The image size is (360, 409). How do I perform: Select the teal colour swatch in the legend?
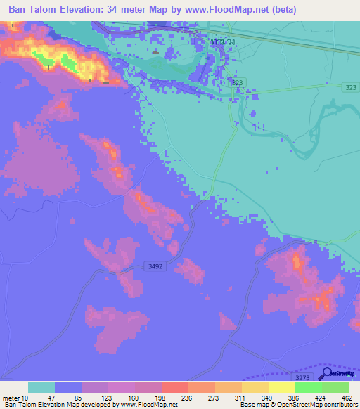[41, 387]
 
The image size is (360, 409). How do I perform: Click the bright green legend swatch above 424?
[309, 387]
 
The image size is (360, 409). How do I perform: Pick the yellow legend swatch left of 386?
[282, 387]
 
